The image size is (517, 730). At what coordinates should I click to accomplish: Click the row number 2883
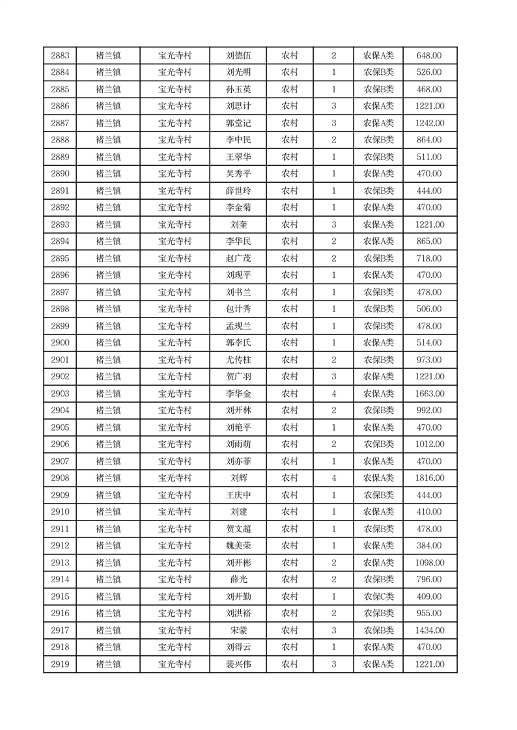pyautogui.click(x=60, y=56)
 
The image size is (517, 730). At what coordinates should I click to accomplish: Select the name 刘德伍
pyautogui.click(x=238, y=56)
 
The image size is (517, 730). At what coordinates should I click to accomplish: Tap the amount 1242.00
pyautogui.click(x=430, y=124)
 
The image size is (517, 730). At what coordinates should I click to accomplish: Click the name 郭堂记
pyautogui.click(x=238, y=124)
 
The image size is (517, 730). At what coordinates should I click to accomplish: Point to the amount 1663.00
pyautogui.click(x=430, y=394)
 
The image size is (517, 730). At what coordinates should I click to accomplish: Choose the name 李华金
pyautogui.click(x=238, y=394)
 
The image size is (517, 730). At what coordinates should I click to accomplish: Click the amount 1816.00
pyautogui.click(x=430, y=478)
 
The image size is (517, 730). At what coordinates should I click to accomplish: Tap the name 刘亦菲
pyautogui.click(x=238, y=461)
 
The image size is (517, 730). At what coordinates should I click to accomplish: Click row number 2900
pyautogui.click(x=60, y=343)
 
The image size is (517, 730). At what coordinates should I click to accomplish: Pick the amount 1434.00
pyautogui.click(x=430, y=630)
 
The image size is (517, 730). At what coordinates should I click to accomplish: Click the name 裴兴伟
pyautogui.click(x=238, y=664)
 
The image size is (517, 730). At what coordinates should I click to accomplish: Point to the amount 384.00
pyautogui.click(x=430, y=546)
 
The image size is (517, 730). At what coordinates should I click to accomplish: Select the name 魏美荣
pyautogui.click(x=238, y=546)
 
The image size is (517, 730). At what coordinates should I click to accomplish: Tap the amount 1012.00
pyautogui.click(x=430, y=444)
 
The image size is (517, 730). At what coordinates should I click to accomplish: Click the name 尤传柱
pyautogui.click(x=238, y=360)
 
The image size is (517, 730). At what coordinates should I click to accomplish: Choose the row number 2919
pyautogui.click(x=60, y=664)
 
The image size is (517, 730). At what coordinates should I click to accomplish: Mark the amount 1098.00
pyautogui.click(x=430, y=563)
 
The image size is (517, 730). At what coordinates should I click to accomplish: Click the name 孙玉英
pyautogui.click(x=238, y=90)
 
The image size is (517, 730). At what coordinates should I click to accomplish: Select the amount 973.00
pyautogui.click(x=430, y=360)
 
